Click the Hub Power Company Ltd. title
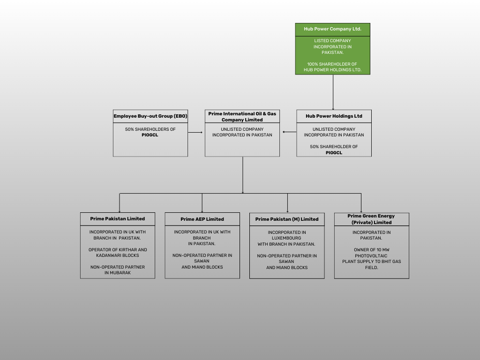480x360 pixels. coord(332,29)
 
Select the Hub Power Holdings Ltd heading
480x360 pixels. coord(334,116)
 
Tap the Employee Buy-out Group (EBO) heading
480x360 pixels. coord(150,116)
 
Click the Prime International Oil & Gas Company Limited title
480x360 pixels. coord(242,117)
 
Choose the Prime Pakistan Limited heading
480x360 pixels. coord(118,218)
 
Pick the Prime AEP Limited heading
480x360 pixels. coord(202,219)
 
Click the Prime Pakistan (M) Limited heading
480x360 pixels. coord(287,219)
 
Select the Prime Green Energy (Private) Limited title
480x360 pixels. coord(371,219)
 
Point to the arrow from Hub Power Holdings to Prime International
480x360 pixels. coord(289,132)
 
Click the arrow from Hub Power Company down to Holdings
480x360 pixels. coord(333,92)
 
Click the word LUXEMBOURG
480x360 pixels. coord(287,238)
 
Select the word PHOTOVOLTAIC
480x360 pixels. coord(371,255)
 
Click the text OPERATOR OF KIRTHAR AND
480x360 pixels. coord(118,250)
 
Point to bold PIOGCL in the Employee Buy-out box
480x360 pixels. coord(150,135)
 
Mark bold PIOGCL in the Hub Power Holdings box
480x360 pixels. coord(334,152)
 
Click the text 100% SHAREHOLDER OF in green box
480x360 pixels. coord(332,64)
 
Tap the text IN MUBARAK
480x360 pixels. coord(118,273)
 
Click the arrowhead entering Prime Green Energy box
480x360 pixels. coord(361,211)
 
